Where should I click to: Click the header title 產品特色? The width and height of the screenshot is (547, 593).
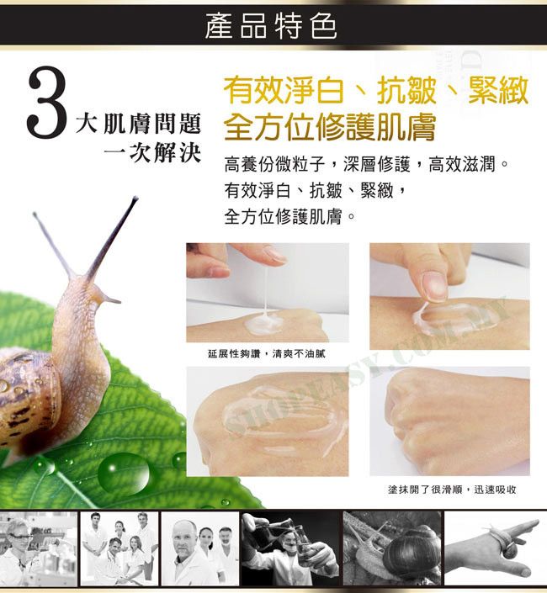270,26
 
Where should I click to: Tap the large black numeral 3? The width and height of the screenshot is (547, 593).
46,102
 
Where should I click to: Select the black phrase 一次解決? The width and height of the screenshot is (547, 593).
152,153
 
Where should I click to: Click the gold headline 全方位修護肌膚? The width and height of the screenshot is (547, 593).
329,127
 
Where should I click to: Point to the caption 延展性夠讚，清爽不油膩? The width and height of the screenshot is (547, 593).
266,354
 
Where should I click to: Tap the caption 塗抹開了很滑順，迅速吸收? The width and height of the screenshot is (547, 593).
452,490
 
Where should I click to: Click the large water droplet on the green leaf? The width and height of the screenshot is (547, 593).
124,474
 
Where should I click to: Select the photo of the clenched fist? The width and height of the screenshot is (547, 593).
449,421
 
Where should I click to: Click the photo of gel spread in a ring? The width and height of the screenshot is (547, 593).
268,421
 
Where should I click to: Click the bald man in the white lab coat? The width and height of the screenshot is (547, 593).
187,553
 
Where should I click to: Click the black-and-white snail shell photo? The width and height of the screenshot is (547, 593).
392,548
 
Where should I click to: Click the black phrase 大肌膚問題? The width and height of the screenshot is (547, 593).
138,124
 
